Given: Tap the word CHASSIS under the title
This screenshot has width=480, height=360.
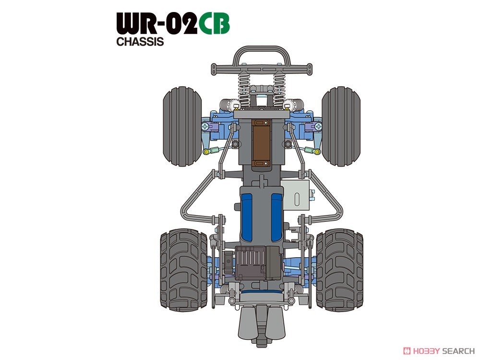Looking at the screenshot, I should coord(140,42).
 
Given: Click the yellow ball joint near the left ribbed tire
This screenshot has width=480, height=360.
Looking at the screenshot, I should coord(207,152).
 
